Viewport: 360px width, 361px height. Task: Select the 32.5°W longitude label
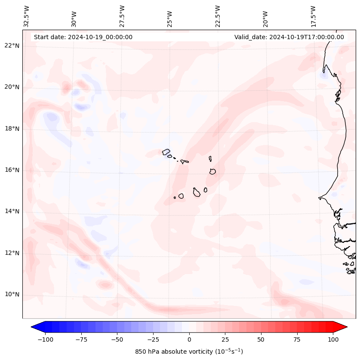[27, 16]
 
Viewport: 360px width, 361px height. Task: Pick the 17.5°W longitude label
[313, 16]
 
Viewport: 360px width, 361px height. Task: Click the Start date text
[83, 37]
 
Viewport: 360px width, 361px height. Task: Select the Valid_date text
[289, 37]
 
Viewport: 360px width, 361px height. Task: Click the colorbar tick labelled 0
[189, 339]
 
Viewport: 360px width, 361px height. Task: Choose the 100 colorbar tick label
[332, 339]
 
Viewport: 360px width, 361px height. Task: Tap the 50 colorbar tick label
[261, 339]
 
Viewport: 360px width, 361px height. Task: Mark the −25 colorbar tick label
[153, 339]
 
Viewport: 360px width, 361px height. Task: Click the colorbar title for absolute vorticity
[189, 352]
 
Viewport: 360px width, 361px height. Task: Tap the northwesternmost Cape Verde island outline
[166, 151]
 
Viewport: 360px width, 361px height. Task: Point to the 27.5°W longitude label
[122, 16]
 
